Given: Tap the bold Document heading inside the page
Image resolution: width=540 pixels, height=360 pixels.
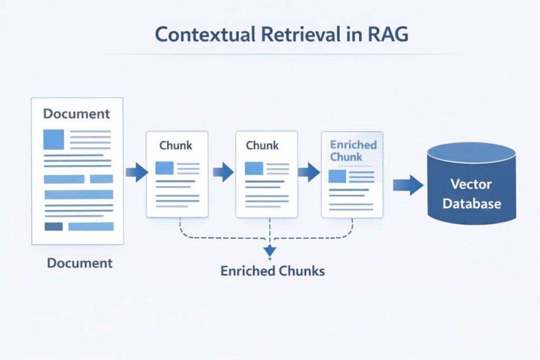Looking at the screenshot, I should pyautogui.click(x=76, y=114).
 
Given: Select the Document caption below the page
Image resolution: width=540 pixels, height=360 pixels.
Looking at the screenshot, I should pyautogui.click(x=80, y=262).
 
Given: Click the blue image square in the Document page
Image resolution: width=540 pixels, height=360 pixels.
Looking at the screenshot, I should pyautogui.click(x=53, y=140).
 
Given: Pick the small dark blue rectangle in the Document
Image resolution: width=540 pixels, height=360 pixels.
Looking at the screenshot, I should pyautogui.click(x=53, y=227).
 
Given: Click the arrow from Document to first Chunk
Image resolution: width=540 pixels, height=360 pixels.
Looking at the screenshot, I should pyautogui.click(x=137, y=172).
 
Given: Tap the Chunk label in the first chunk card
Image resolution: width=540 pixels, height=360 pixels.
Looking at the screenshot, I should pyautogui.click(x=176, y=145).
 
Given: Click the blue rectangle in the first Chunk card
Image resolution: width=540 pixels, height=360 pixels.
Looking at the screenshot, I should pyautogui.click(x=165, y=168).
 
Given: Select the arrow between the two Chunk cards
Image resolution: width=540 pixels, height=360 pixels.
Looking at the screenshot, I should pyautogui.click(x=223, y=172).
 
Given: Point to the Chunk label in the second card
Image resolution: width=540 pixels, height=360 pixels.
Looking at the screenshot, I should pyautogui.click(x=262, y=145).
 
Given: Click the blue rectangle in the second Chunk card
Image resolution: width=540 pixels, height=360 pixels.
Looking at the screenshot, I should pyautogui.click(x=254, y=168).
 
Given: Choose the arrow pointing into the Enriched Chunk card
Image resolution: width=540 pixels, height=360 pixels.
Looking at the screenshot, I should pyautogui.click(x=310, y=172).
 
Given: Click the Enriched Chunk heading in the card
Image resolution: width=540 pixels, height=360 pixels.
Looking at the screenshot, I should pyautogui.click(x=353, y=150).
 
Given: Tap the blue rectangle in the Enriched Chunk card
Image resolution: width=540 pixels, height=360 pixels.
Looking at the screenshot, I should pyautogui.click(x=337, y=176).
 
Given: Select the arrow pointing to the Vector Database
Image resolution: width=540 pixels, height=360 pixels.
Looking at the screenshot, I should pyautogui.click(x=408, y=185).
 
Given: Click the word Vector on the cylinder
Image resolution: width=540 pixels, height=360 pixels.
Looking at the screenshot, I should pyautogui.click(x=471, y=184).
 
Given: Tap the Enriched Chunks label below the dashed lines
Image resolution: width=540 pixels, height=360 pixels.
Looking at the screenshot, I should pyautogui.click(x=272, y=271).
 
